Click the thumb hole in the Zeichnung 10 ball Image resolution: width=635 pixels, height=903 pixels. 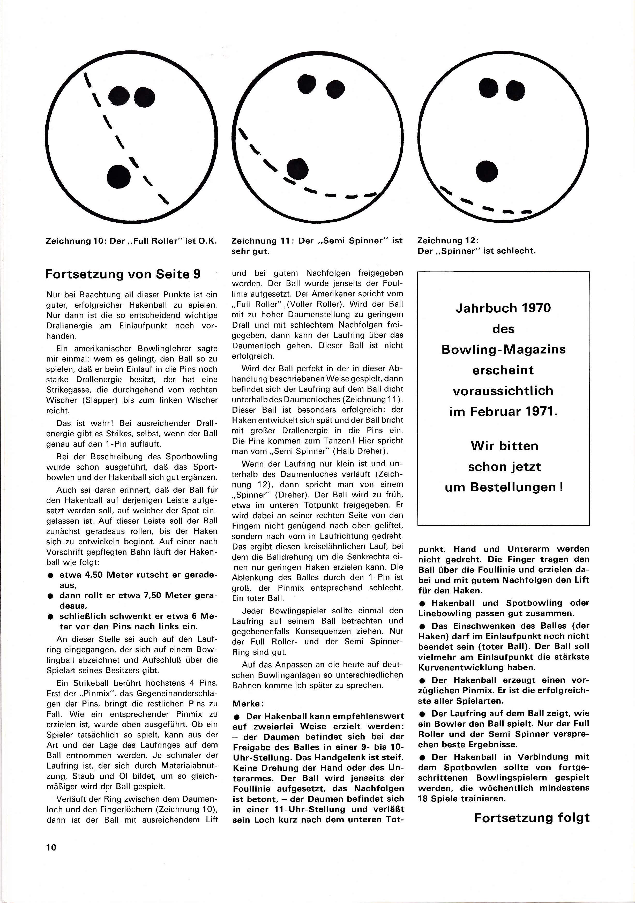click(x=119, y=176)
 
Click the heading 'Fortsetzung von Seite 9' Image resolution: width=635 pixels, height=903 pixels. click(x=123, y=274)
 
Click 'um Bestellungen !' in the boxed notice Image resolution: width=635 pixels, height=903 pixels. click(x=504, y=487)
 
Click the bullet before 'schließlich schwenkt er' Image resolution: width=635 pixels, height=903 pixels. click(x=51, y=617)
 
